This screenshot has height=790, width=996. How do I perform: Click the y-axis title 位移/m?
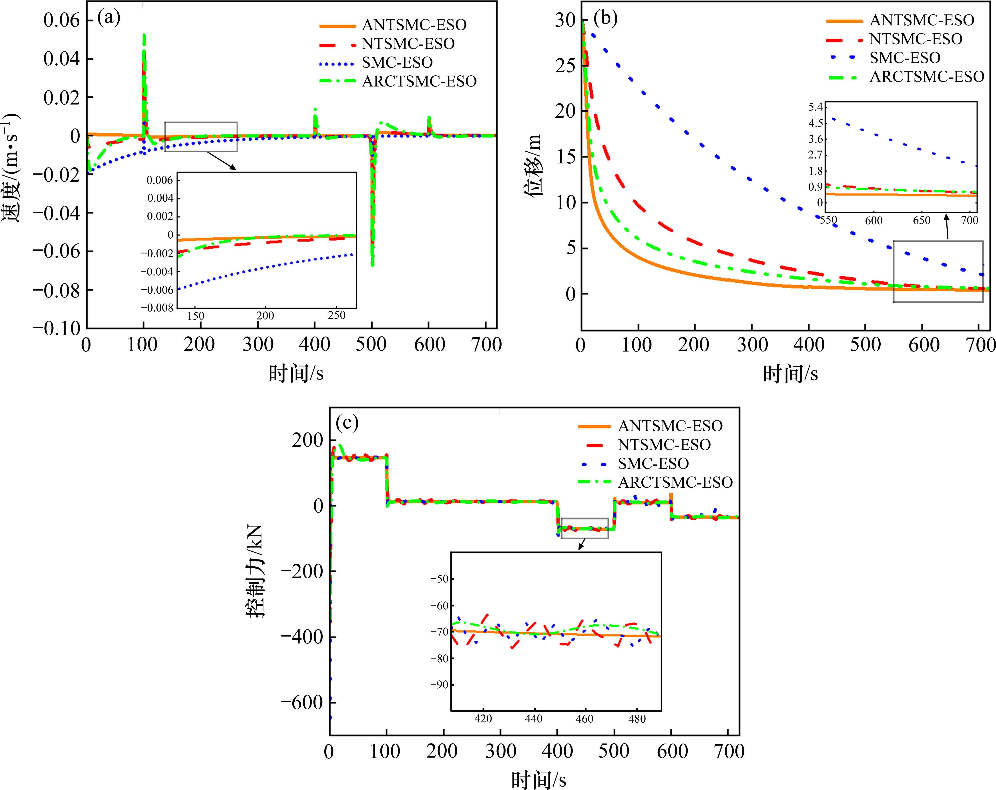pos(534,166)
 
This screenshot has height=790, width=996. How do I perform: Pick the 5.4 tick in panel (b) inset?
pos(815,107)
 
